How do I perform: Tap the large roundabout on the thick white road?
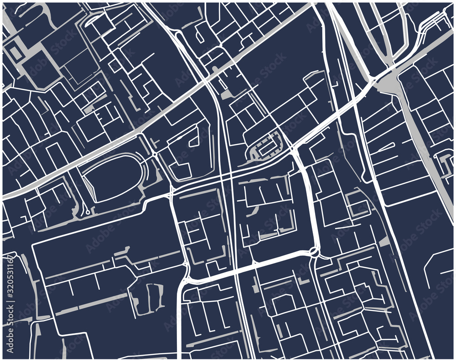tap(314, 251)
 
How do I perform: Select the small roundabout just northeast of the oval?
tap(155, 155)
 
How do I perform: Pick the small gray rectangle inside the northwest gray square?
tap(16, 53)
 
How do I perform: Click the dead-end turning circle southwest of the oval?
tap(87, 213)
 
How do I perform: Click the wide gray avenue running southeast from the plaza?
tap(424, 146)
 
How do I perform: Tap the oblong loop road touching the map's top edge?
tap(93, 19)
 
